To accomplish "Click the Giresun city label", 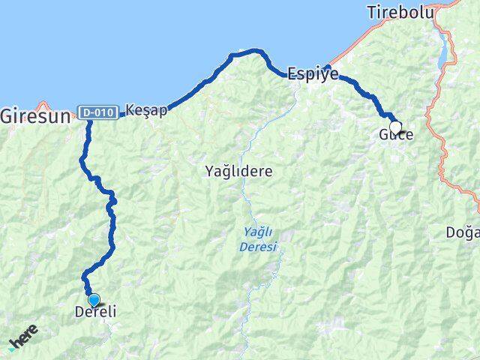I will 35,116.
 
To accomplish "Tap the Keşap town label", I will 146,109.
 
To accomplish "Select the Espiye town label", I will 313,73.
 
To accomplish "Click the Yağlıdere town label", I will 238,171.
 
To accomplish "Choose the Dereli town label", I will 96,311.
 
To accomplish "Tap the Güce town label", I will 396,135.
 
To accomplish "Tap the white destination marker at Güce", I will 395,127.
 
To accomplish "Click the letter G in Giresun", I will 8,116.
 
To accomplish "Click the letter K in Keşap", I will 131,109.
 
